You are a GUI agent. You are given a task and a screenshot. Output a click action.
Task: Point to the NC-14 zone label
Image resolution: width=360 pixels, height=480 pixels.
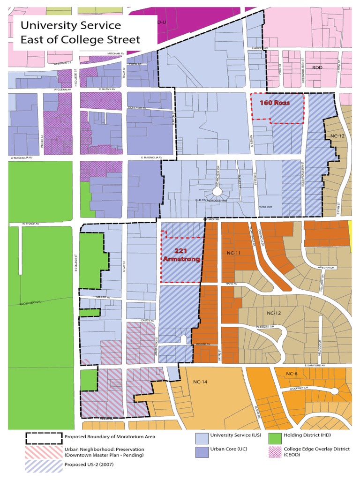pos(200,382)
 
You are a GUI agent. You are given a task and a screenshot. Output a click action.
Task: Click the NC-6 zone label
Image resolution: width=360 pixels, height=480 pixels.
pos(292,373)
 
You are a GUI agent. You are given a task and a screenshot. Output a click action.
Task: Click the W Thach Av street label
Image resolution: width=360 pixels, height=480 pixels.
pos(29,224)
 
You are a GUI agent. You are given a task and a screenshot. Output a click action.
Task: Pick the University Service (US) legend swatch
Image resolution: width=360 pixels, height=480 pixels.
pos(202,439)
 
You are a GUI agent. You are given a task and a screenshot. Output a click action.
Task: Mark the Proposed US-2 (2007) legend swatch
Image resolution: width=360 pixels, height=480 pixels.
pos(43,465)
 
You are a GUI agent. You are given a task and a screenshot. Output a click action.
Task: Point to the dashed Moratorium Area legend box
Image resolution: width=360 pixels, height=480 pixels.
pos(43,439)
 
